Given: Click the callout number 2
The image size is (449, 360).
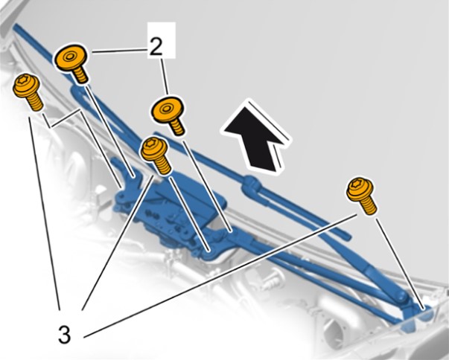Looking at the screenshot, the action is point(156,47).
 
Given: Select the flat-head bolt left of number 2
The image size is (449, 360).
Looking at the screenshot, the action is point(71,63).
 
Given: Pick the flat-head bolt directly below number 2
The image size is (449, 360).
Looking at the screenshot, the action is point(168,115).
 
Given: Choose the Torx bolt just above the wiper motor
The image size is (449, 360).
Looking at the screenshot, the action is point(156,155).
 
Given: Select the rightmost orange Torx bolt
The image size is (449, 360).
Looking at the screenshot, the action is point(360,196).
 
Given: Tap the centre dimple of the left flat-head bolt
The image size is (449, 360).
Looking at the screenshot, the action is point(69,57).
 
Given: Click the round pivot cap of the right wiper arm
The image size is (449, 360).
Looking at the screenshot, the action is point(401,298).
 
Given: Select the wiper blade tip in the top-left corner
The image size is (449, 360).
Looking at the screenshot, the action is point(16,28).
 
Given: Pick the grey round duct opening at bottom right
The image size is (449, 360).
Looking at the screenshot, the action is point(339,334).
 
